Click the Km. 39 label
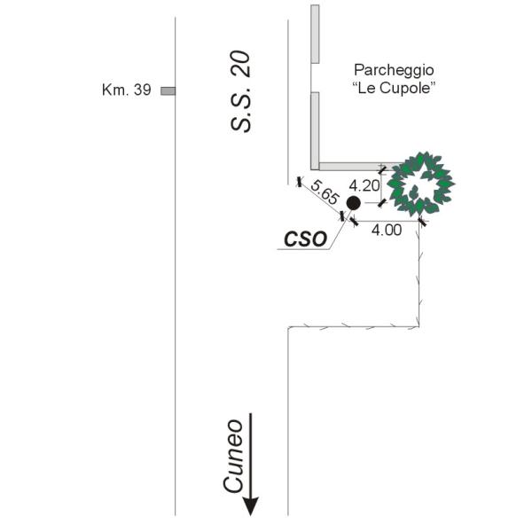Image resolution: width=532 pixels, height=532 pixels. click(126, 90)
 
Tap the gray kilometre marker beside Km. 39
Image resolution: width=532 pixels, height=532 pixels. click(168, 91)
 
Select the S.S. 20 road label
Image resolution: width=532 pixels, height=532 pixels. click(240, 91)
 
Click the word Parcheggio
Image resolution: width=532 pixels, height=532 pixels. click(394, 71)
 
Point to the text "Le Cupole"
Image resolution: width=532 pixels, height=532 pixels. click(394, 88)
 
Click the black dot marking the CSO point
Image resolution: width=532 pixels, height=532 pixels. click(353, 203)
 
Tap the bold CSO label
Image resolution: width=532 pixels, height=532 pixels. click(305, 239)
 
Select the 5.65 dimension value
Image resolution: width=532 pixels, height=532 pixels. click(325, 192)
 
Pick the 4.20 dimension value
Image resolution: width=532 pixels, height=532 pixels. click(364, 185)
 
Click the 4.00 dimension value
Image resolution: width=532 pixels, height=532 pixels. click(387, 230)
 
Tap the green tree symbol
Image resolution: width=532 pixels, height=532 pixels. click(420, 184)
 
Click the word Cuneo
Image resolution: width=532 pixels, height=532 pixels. click(233, 457)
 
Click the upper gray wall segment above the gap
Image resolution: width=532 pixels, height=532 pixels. click(315, 34)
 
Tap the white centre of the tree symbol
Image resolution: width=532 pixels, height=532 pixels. click(420, 185)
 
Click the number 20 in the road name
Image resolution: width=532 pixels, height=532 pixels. click(240, 64)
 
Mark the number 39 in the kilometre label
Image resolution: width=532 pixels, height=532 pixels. click(143, 90)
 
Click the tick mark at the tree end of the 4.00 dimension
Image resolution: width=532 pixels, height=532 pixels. click(422, 222)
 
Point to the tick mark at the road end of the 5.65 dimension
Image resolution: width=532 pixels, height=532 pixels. click(299, 182)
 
